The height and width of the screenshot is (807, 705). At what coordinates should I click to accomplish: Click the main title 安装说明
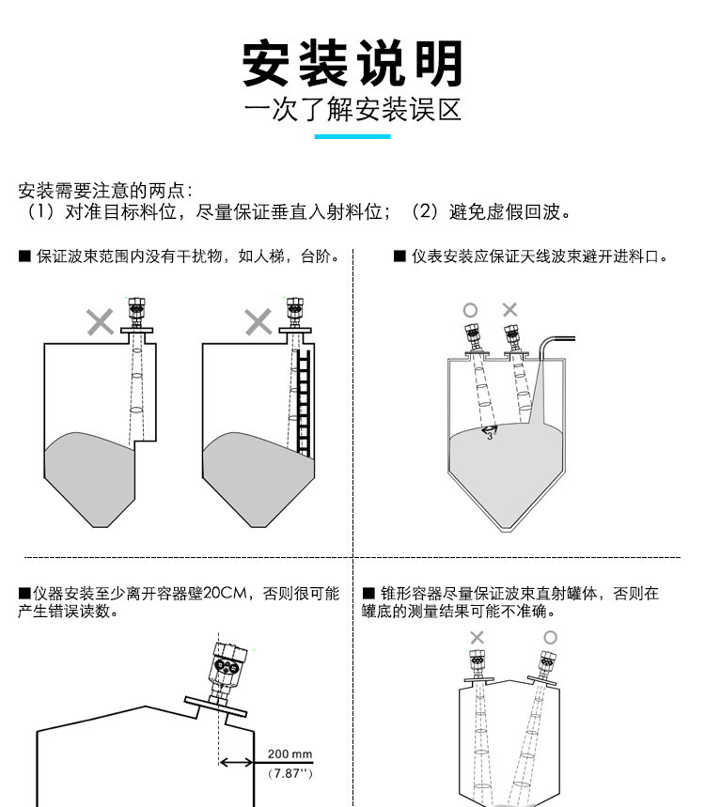(x=352, y=64)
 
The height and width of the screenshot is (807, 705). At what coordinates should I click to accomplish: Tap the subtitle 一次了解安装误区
(x=352, y=111)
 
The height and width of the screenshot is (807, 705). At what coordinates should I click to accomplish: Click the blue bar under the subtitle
(x=352, y=136)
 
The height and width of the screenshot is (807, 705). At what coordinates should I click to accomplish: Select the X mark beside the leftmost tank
(x=100, y=322)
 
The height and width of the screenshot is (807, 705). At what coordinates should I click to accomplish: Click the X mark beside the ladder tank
(x=258, y=322)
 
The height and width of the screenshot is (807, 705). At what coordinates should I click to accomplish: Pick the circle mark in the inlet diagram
(x=470, y=310)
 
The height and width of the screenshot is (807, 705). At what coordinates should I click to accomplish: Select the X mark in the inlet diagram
(x=509, y=309)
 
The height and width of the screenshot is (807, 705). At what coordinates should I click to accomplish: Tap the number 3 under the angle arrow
(x=490, y=437)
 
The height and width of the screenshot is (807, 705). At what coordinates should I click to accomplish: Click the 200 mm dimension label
(x=290, y=753)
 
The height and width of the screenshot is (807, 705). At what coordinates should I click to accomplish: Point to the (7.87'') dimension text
(x=290, y=773)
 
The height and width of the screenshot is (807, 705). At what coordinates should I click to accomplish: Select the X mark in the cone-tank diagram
(x=477, y=638)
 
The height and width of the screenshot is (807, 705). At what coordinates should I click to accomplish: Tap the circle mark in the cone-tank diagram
(x=550, y=637)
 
